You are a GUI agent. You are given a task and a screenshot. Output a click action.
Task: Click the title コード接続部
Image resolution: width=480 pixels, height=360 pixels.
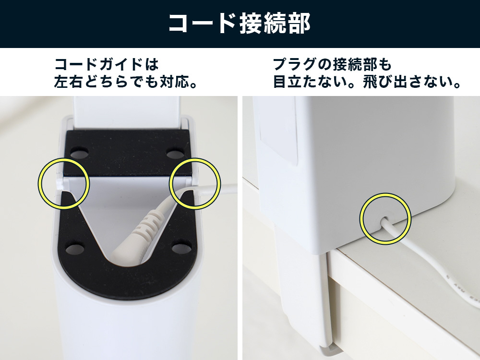[240, 24]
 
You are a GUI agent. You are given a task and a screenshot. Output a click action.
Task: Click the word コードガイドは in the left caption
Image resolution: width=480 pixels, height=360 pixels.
[107, 64]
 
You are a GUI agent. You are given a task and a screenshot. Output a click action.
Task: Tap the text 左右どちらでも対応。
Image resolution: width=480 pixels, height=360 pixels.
[125, 82]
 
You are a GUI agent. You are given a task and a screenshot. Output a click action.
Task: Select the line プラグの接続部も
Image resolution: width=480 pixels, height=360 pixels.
[332, 64]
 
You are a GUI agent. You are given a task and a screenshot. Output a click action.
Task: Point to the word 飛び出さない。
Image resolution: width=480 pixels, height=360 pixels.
[412, 82]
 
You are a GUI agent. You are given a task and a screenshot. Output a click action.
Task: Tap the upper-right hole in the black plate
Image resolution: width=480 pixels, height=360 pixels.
[175, 153]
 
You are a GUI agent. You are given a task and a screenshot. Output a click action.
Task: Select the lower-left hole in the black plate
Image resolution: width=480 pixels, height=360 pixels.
[75, 249]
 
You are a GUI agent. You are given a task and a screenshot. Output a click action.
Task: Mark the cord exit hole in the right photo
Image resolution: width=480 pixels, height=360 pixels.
[384, 220]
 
